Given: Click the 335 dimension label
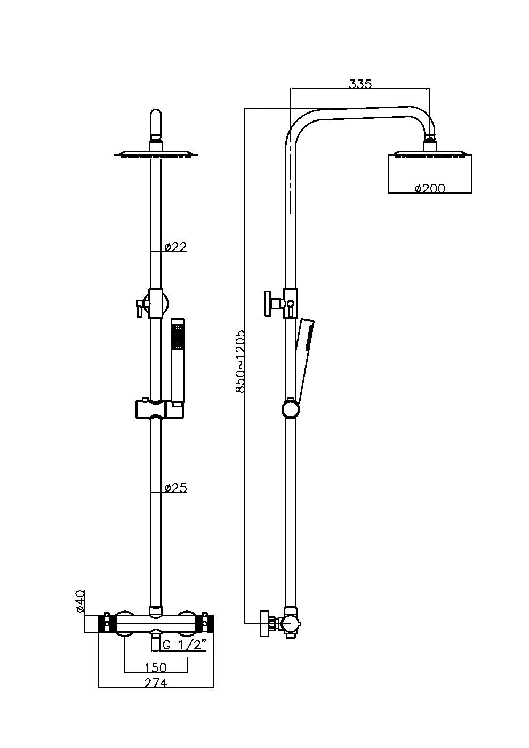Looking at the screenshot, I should [360, 84].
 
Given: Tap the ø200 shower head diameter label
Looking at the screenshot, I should [429, 188].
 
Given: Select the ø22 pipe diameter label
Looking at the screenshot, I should [175, 246].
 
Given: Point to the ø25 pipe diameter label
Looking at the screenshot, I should [175, 487].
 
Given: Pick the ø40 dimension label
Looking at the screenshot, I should [80, 601].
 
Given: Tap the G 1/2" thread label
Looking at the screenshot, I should [184, 645].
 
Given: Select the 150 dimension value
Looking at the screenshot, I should [156, 667].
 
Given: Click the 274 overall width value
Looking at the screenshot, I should [156, 682].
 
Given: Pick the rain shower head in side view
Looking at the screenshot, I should [429, 155].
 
